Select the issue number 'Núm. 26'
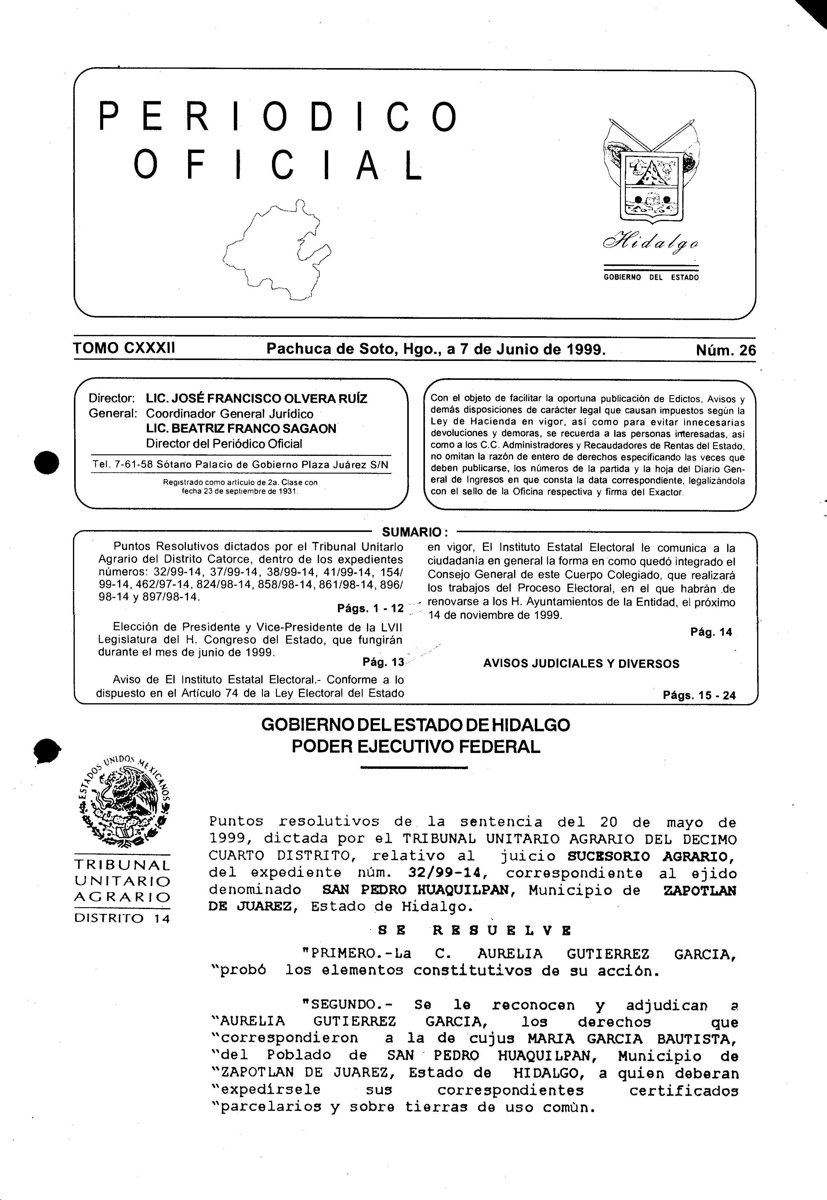pyautogui.click(x=725, y=350)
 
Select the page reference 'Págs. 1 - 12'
pyautogui.click(x=370, y=608)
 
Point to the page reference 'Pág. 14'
pyautogui.click(x=711, y=632)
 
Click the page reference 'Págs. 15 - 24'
pyautogui.click(x=699, y=696)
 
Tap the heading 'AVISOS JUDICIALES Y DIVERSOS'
pyautogui.click(x=581, y=664)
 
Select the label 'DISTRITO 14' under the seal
pyautogui.click(x=122, y=919)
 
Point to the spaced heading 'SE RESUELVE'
pyautogui.click(x=475, y=931)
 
